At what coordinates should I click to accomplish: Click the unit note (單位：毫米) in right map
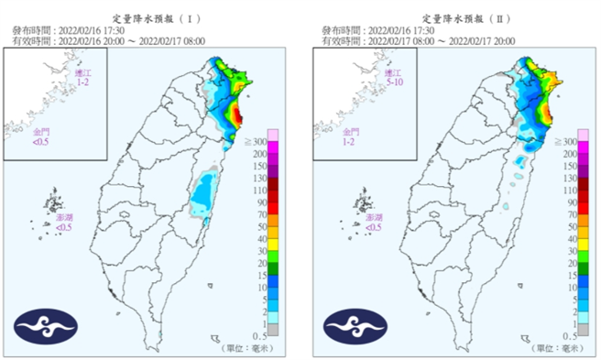coord(559,349)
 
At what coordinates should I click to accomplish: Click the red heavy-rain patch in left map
coord(235,116)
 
